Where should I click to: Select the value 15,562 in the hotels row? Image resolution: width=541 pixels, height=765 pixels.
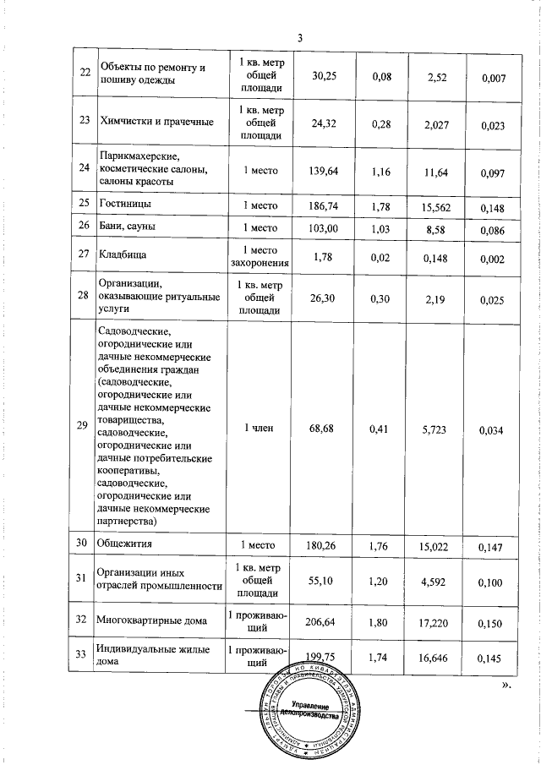click(x=437, y=205)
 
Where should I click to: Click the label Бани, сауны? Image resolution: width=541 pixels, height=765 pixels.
click(x=128, y=226)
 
